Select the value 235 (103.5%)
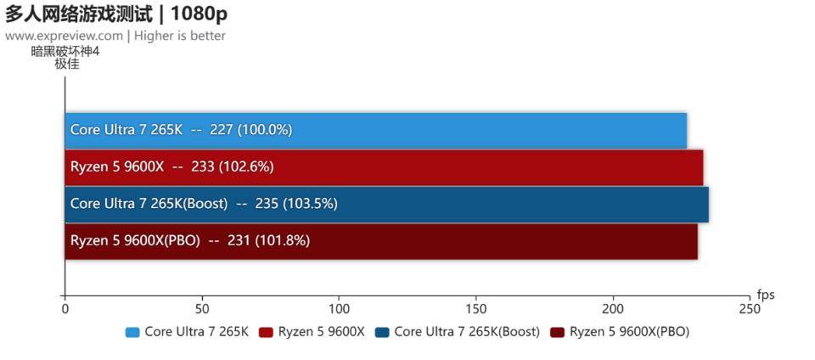297,204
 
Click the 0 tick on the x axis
65,310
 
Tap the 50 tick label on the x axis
202,310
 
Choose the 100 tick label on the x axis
339,310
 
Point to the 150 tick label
475,310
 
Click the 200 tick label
613,310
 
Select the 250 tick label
750,310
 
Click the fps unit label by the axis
766,295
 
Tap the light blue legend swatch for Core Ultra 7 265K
132,332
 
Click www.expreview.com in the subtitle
64,36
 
